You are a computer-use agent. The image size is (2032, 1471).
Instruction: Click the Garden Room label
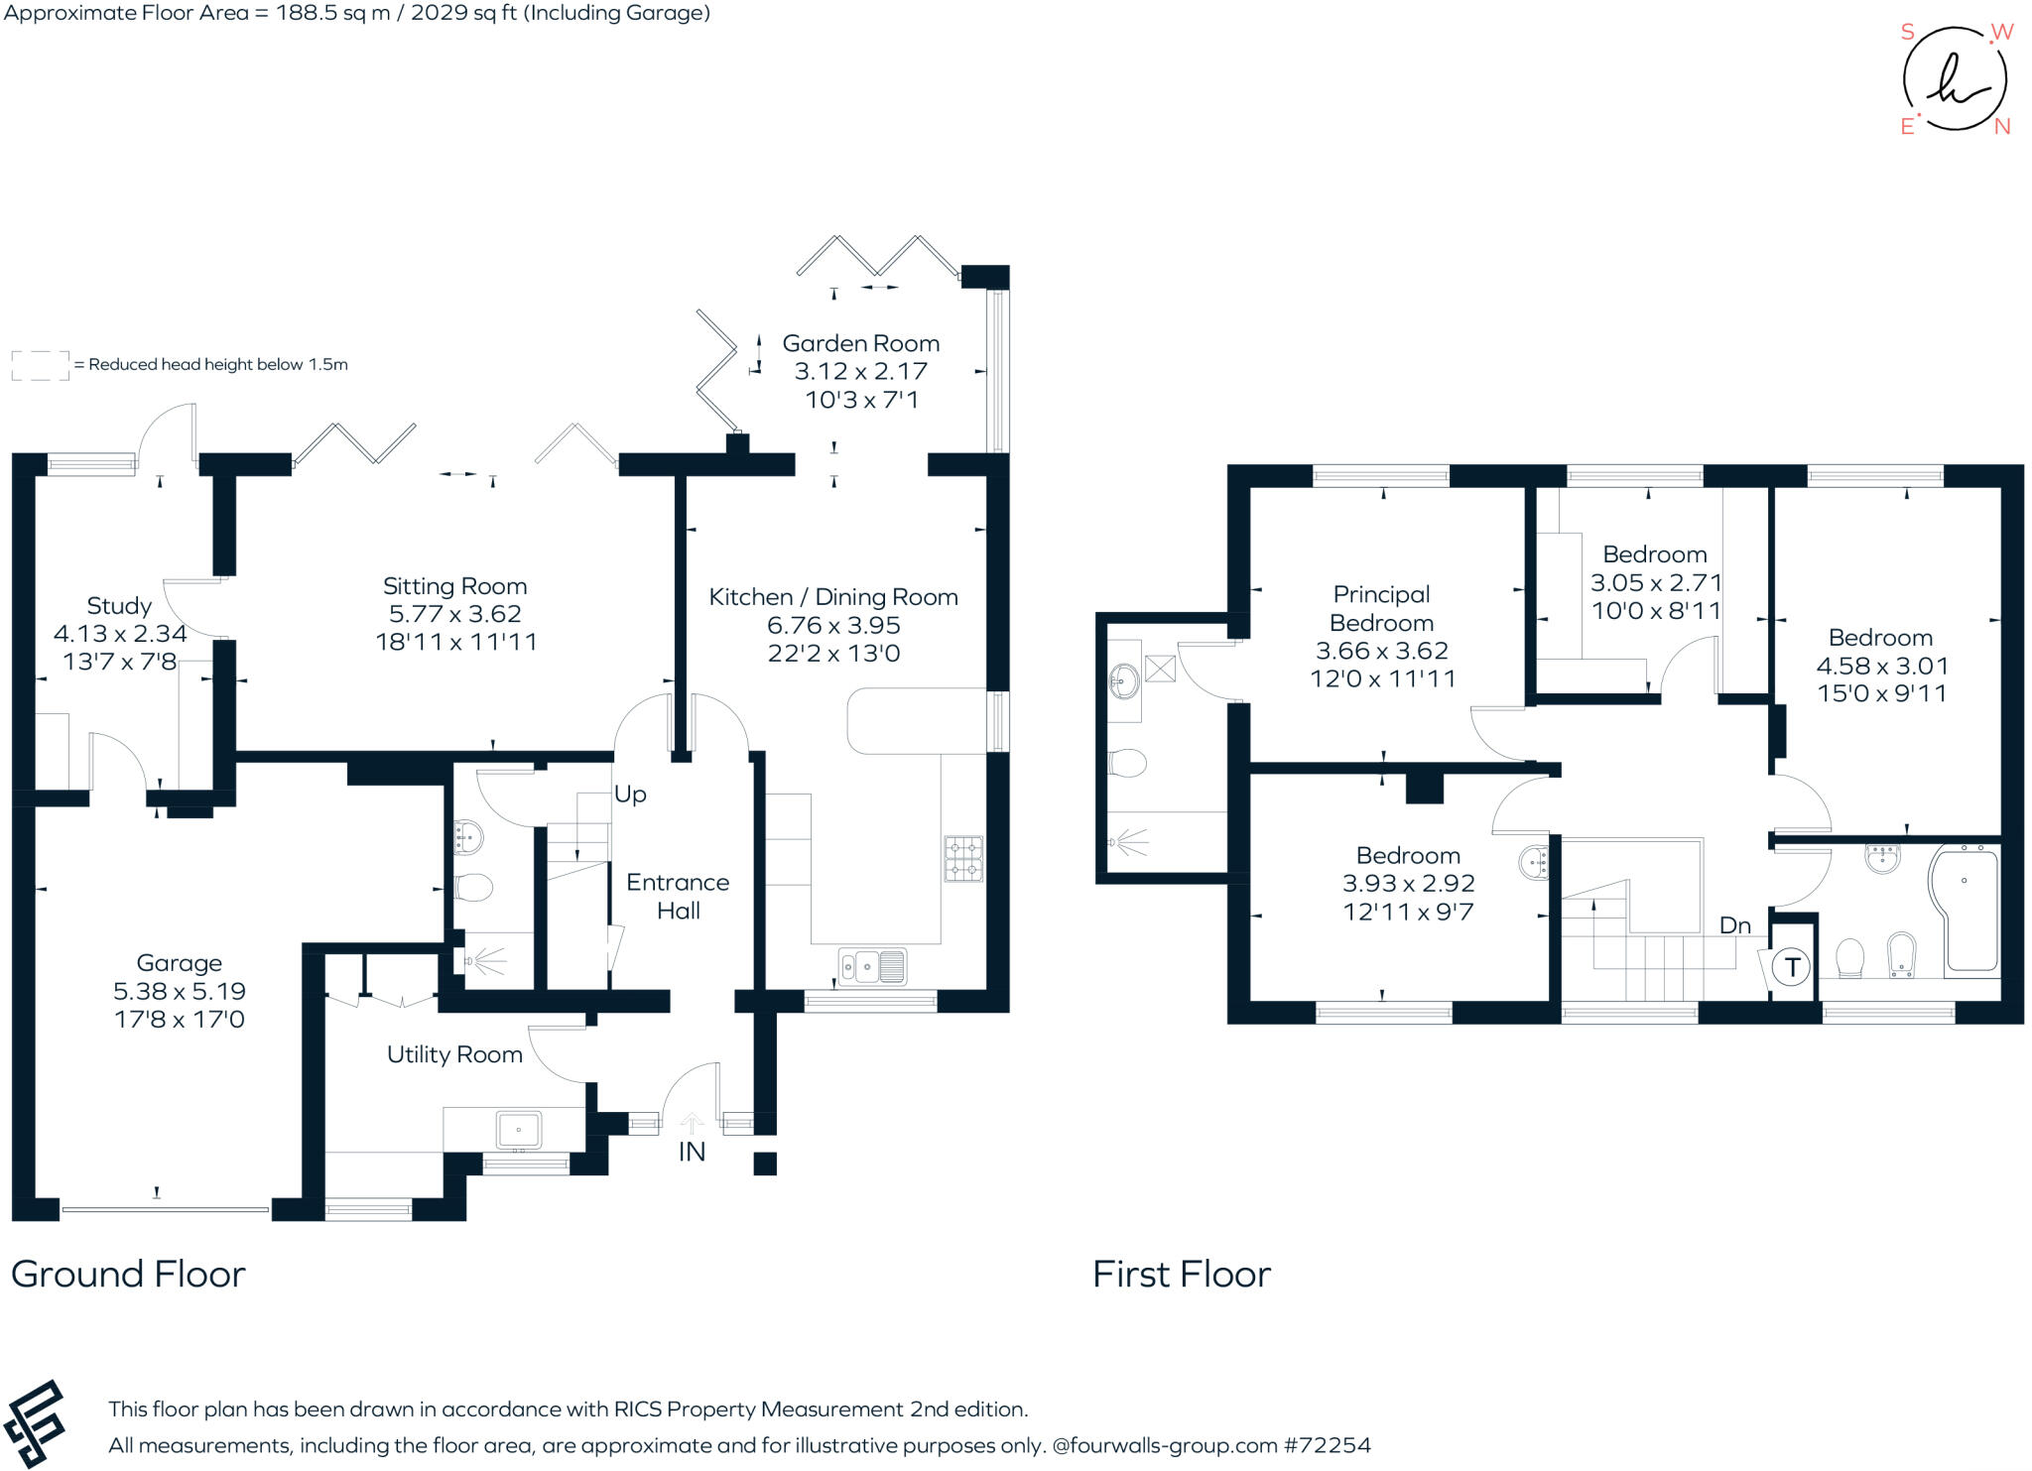[x=860, y=343]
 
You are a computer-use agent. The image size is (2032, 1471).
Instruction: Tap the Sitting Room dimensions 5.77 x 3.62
[x=455, y=614]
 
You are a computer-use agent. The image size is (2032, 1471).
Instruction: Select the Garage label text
[x=180, y=962]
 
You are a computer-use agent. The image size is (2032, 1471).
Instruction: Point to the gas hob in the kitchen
[x=963, y=859]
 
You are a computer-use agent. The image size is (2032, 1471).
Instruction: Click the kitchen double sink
[x=872, y=966]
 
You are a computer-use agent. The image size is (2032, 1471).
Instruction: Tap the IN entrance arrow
[x=692, y=1124]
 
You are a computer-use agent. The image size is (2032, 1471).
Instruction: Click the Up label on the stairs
[x=630, y=794]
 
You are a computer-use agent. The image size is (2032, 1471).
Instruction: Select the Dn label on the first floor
[x=1734, y=925]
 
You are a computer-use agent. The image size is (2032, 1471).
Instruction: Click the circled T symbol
[x=1791, y=966]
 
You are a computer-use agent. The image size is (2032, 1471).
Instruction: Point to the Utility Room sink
[x=519, y=1130]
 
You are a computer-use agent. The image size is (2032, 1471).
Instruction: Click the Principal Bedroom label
[x=1381, y=608]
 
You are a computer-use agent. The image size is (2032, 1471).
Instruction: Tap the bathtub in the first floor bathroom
[x=1966, y=908]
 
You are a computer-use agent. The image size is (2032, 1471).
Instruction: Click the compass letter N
[x=2001, y=126]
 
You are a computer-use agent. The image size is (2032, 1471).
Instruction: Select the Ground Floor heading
[x=128, y=1274]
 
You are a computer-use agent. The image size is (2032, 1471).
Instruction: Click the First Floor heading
[x=1181, y=1274]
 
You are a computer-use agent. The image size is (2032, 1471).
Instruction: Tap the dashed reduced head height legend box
[x=40, y=365]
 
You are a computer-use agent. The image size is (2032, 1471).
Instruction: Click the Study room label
[x=119, y=605]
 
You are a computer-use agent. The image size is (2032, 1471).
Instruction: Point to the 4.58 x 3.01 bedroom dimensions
[x=1881, y=666]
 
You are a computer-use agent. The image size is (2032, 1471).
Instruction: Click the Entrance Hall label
[x=678, y=896]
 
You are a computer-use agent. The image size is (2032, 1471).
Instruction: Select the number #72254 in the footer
[x=1327, y=1445]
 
